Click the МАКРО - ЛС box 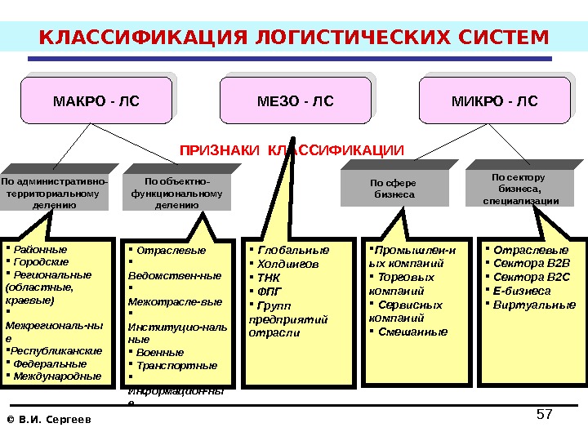pos(96,102)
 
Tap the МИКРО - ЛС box pos(494,101)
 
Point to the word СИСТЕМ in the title pos(499,38)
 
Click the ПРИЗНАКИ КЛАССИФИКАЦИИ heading pos(292,150)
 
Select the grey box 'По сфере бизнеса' pos(394,189)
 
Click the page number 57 pos(544,415)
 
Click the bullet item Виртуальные pos(535,305)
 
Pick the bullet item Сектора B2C pos(532,277)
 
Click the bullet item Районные pos(40,248)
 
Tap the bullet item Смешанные pos(413,332)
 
